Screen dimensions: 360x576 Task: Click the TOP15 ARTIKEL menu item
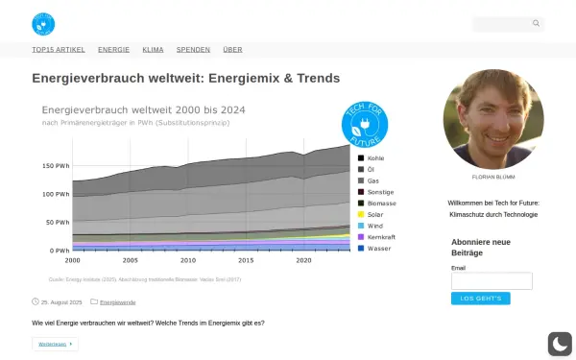[x=59, y=49]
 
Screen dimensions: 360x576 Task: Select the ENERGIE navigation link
[x=113, y=49]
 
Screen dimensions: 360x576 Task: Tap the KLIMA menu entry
[x=153, y=49]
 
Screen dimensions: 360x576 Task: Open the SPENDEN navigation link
[x=193, y=49]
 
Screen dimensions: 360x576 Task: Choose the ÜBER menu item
[x=232, y=49]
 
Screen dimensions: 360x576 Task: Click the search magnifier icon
[x=537, y=23]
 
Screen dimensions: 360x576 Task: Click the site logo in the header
[x=43, y=23]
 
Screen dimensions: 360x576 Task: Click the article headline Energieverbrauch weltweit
[x=186, y=78]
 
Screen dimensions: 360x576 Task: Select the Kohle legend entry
[x=374, y=157]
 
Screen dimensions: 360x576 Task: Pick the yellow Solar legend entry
[x=374, y=214]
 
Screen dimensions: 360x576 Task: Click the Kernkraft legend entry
[x=380, y=237]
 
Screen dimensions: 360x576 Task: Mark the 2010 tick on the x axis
[x=188, y=260]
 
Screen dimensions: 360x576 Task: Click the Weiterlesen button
[x=55, y=344]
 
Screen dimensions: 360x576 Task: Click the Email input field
[x=491, y=280]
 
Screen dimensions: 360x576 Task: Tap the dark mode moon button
[x=559, y=344]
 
